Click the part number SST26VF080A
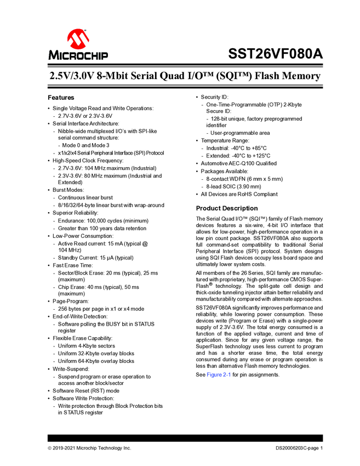(x=275, y=55)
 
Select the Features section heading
(x=61, y=97)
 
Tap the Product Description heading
(x=226, y=208)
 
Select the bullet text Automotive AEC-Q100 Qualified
(x=238, y=163)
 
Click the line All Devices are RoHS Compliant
(x=239, y=194)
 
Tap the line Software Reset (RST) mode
(x=85, y=391)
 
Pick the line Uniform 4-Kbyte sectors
(x=87, y=346)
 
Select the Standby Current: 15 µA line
(x=95, y=258)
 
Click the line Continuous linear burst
(x=85, y=197)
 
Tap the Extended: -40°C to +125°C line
(x=238, y=156)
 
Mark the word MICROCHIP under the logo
(x=78, y=56)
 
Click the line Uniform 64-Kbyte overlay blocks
(x=96, y=361)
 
